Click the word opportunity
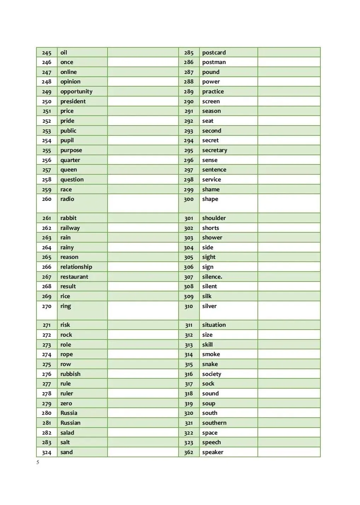point(76,92)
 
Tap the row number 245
point(47,53)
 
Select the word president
point(73,101)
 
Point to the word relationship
point(76,267)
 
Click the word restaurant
point(74,277)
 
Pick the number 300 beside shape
point(188,199)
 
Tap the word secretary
point(215,150)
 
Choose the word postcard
point(214,53)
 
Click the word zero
point(66,404)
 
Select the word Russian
point(70,423)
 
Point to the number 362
point(188,452)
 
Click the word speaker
point(213,452)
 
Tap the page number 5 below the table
point(38,463)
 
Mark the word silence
point(212,277)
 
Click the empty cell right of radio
point(143,203)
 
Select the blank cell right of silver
point(289,310)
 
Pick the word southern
point(214,423)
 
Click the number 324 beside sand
point(47,452)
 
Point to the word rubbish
point(70,374)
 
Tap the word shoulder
point(214,218)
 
